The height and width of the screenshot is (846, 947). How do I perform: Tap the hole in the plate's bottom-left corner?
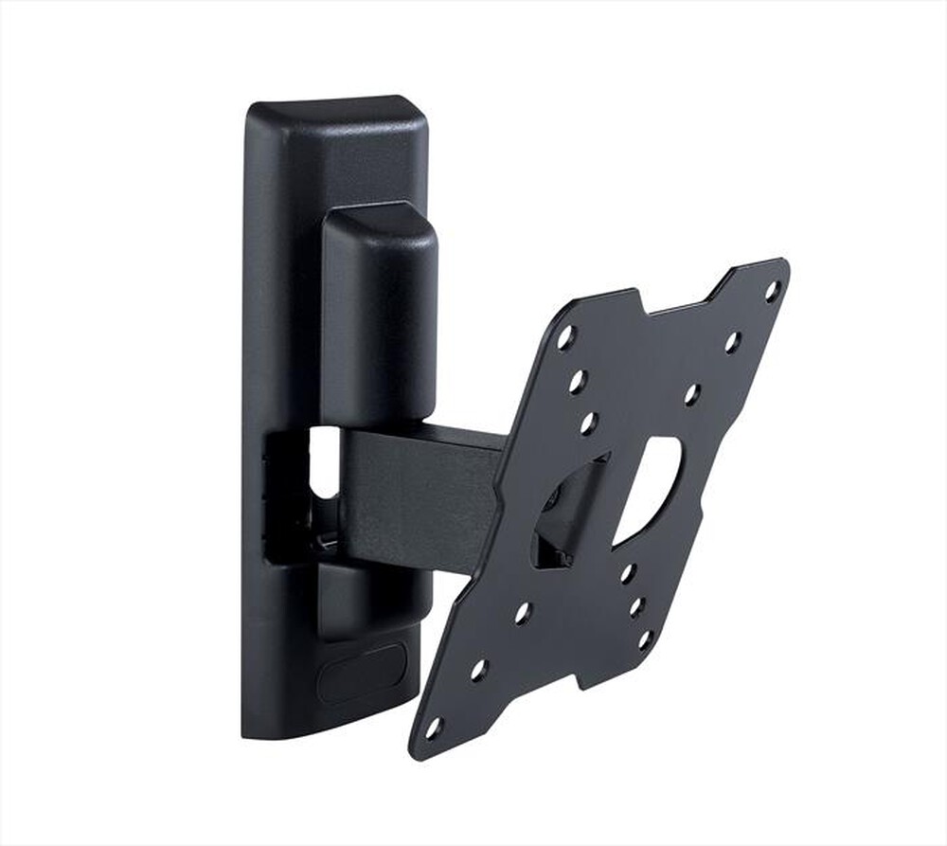tap(434, 729)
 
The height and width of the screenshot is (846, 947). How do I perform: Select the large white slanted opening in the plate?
tap(650, 489)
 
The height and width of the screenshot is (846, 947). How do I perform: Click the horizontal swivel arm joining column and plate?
tap(421, 497)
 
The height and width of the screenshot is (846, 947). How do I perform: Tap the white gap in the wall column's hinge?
tap(324, 461)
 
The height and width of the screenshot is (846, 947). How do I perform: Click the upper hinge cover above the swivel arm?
tap(379, 313)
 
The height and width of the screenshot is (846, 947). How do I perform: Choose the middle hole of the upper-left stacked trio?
tap(578, 382)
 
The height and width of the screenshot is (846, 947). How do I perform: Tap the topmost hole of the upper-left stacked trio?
tap(565, 338)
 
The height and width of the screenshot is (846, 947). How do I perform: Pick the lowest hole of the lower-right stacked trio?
tap(645, 639)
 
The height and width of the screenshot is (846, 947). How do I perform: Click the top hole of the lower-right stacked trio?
tap(627, 572)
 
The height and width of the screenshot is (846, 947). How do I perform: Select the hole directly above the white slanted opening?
tap(691, 393)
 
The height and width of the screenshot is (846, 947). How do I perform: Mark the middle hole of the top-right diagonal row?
tap(731, 342)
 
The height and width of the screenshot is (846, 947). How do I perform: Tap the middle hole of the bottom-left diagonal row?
tap(479, 671)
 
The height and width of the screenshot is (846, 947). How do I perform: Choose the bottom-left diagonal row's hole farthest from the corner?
tap(523, 614)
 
